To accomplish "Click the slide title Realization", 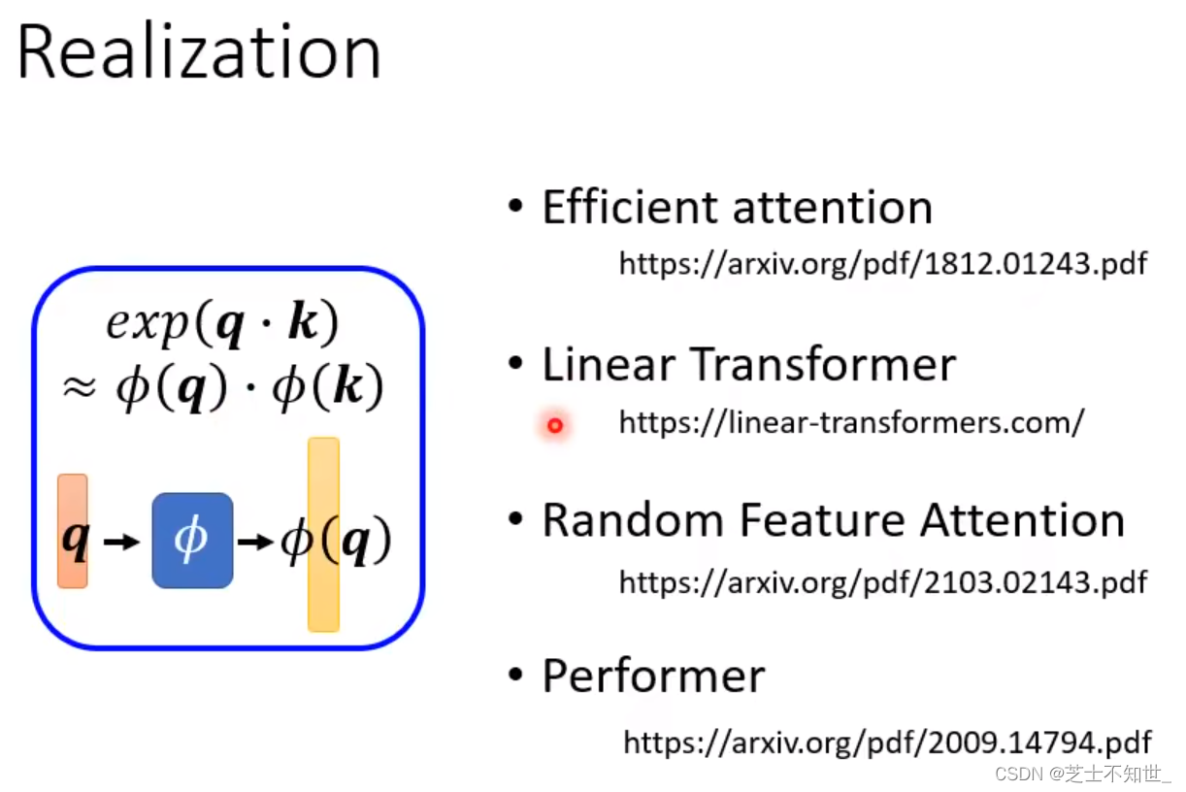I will coord(199,52).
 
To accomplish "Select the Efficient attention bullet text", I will coord(737,208).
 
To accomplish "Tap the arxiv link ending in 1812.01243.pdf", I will coord(882,263).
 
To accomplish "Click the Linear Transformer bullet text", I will coord(748,365).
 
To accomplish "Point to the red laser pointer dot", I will coord(555,425).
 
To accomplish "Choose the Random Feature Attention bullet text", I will coord(833,520).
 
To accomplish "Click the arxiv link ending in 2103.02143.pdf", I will coord(882,581).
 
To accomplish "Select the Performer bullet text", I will coord(653,676).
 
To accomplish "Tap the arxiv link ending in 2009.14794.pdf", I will coord(886,742).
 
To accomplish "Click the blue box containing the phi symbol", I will coord(192,541).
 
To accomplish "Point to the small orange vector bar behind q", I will coord(73,530).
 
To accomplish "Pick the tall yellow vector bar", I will coord(323,534).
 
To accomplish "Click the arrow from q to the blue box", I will coord(121,542).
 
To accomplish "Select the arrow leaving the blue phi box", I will coord(255,542).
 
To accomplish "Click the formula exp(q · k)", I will coord(222,324).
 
